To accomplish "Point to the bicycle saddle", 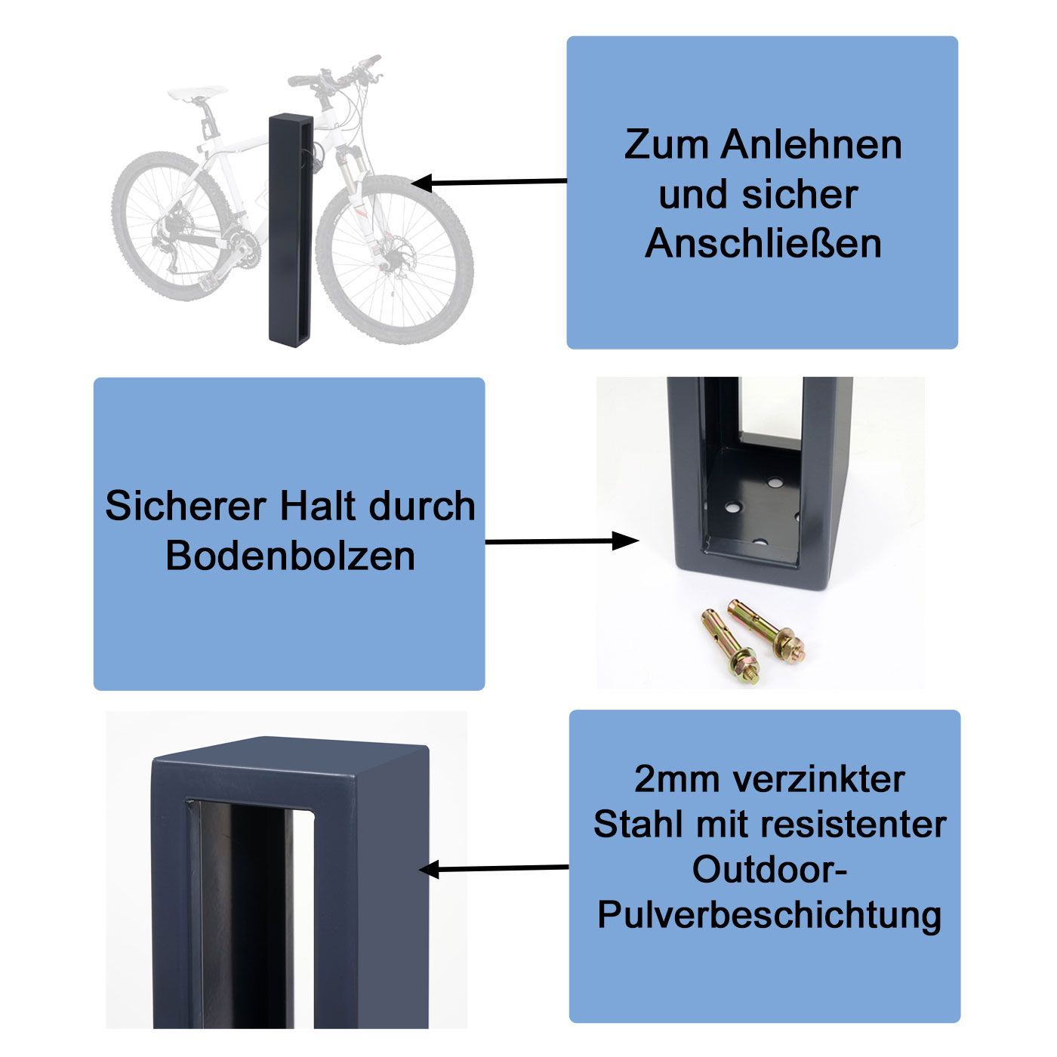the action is click(197, 93).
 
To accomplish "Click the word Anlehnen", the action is click(811, 146).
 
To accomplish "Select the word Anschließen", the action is click(763, 244).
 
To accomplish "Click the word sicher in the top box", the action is click(800, 195).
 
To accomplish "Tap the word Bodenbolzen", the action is click(290, 556).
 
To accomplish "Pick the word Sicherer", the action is click(186, 506).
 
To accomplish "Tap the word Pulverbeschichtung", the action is click(769, 916).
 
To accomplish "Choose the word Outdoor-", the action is click(769, 870).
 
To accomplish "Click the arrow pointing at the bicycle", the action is click(489, 182).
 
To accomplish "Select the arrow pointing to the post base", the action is click(562, 541).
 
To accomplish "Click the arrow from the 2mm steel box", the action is click(495, 869).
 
